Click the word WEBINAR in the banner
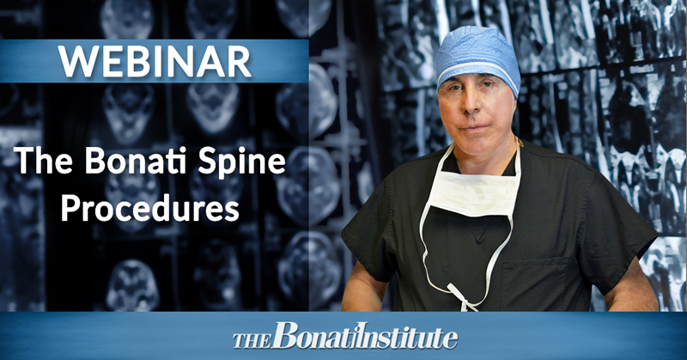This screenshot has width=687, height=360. pyautogui.click(x=155, y=61)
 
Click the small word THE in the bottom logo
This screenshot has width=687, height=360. pyautogui.click(x=252, y=341)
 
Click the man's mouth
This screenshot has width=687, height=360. pyautogui.click(x=473, y=127)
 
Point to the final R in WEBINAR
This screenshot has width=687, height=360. pyautogui.click(x=239, y=61)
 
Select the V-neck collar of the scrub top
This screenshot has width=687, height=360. pyautogui.click(x=480, y=230)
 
